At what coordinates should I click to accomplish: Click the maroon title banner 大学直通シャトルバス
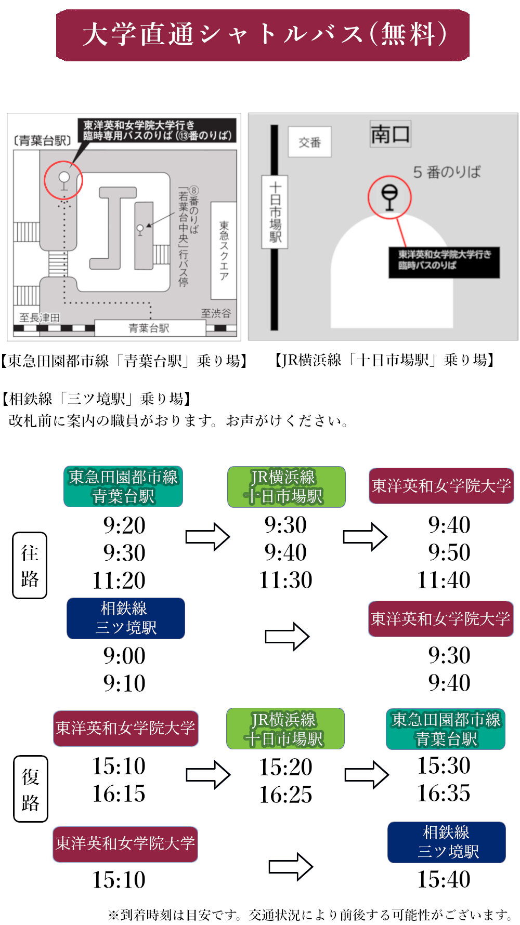coord(263,35)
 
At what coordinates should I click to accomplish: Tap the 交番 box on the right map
coord(310,142)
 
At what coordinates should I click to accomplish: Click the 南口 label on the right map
coord(390,134)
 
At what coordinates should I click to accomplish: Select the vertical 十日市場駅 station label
coord(275,212)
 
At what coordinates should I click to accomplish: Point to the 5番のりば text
coord(447,172)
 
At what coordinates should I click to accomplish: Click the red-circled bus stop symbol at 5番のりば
coord(389,197)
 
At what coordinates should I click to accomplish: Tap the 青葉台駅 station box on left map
coord(150,328)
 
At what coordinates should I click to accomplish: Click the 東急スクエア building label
coord(224,250)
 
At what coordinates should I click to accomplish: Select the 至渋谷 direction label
coord(216,313)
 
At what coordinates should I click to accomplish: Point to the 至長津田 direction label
coord(40,318)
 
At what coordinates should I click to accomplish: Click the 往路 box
coord(30,565)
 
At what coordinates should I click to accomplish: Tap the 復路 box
coord(30,789)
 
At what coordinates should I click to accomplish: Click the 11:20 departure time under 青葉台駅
coord(119,580)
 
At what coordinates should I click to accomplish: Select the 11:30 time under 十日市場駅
coord(286,580)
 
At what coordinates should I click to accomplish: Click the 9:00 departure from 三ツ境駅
coord(124,656)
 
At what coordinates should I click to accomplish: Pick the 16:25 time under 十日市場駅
coord(286,795)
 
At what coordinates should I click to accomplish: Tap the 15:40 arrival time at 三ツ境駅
coord(444,879)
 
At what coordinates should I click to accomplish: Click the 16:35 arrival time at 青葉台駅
coord(444,793)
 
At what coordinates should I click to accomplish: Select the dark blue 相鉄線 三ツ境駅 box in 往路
coord(126,618)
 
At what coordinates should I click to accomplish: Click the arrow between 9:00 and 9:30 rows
coord(287,637)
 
